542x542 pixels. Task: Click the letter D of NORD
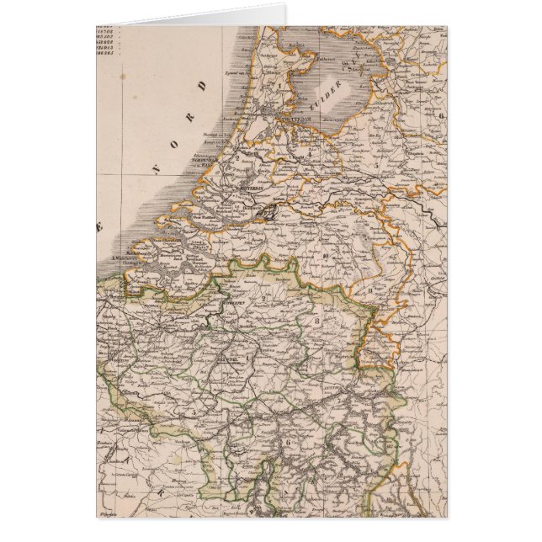[202, 86]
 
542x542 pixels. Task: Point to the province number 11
[368, 290]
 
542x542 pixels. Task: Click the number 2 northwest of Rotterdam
[238, 157]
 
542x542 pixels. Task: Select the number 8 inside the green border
[317, 319]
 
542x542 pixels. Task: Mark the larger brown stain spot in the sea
[123, 77]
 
